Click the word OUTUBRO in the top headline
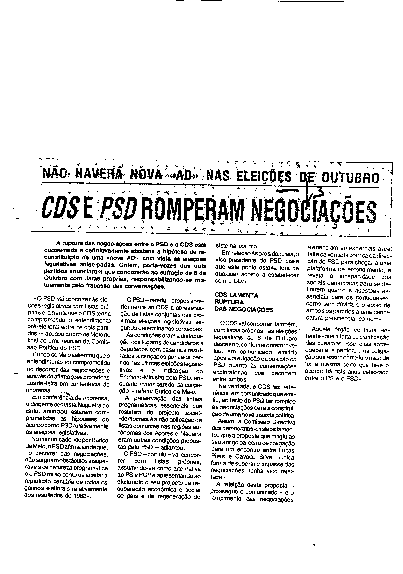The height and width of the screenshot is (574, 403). [x=350, y=178]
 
